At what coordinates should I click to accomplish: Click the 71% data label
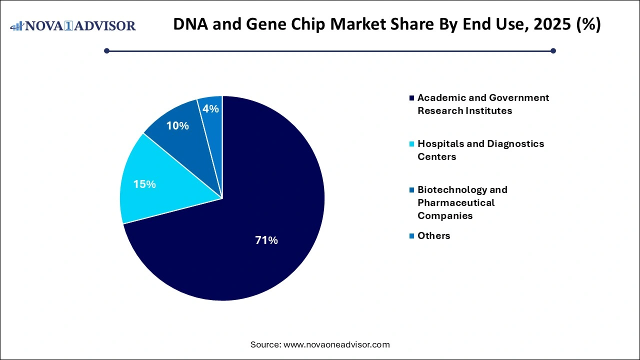pos(266,240)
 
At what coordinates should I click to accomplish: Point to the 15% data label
pos(144,184)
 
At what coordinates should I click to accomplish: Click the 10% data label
pos(177,126)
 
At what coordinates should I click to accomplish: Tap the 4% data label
pos(211,108)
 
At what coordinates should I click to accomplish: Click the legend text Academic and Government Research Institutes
pos(483,104)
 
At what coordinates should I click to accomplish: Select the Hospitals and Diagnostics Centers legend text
pos(480,150)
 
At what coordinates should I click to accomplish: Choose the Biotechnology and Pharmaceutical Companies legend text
pos(462,202)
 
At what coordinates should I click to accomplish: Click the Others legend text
pos(433,235)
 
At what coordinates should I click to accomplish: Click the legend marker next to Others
pos(411,236)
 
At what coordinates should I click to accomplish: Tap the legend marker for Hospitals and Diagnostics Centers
pos(411,144)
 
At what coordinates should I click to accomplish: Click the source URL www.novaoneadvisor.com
pos(336,344)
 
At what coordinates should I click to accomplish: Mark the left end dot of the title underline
pos(106,50)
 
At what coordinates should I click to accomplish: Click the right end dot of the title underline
pos(553,50)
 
